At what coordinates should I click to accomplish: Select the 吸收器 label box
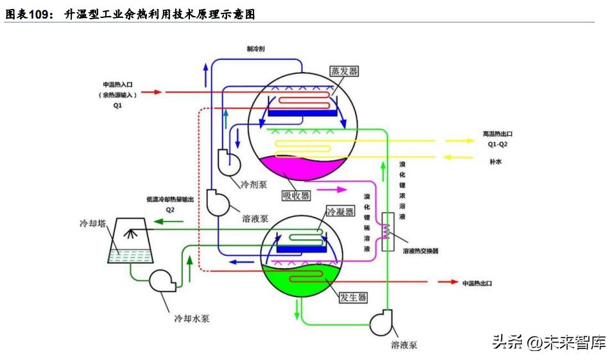coord(296,195)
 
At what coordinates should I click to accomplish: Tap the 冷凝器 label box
coord(340,212)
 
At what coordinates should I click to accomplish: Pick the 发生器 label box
coord(353,297)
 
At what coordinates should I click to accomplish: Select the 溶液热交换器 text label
coord(420,251)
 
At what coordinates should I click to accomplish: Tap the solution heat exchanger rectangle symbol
coord(388,231)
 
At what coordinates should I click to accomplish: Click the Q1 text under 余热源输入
coord(117,106)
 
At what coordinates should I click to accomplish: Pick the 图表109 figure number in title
coord(30,13)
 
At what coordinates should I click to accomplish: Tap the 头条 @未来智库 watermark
coord(549,343)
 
